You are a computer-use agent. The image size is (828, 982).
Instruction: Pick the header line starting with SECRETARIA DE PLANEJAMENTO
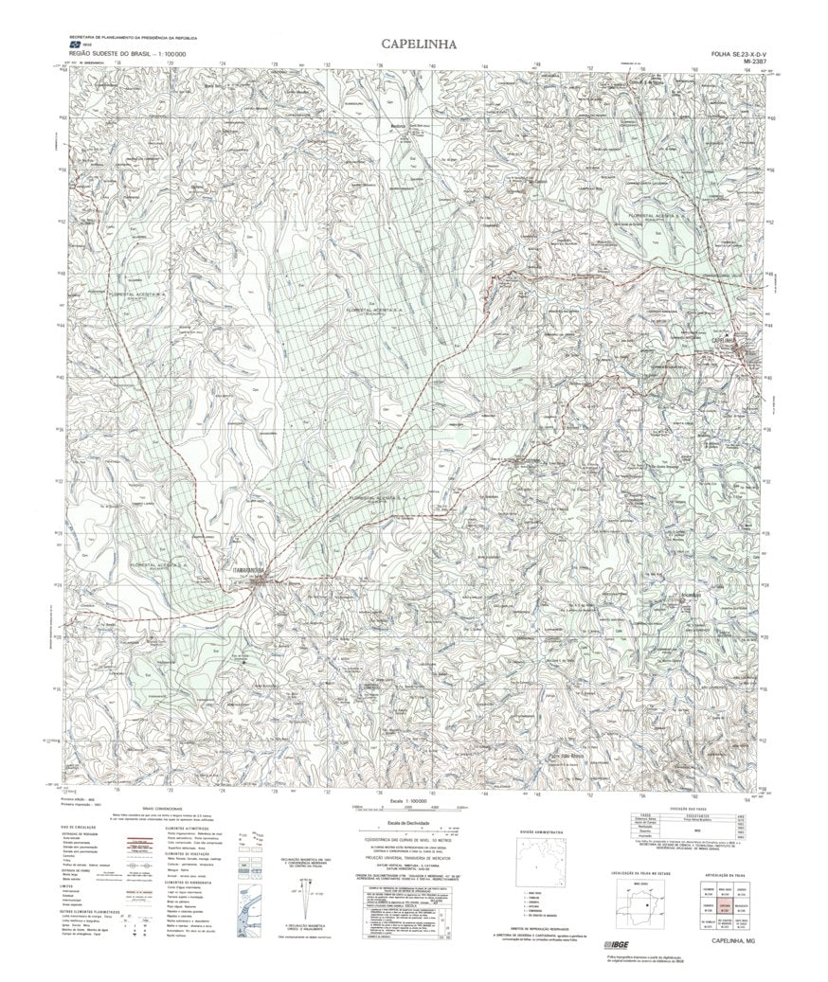click(129, 36)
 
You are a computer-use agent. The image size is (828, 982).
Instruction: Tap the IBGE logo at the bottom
click(615, 945)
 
